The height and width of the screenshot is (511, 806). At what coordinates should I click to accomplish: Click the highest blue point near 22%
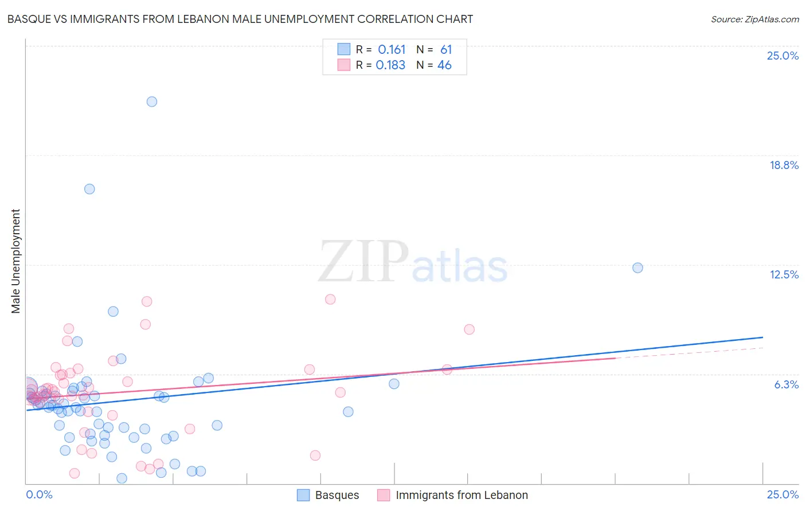(x=152, y=102)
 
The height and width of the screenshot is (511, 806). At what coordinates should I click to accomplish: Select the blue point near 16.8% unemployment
(x=89, y=189)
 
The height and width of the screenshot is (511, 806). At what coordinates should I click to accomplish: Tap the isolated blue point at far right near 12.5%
(x=637, y=268)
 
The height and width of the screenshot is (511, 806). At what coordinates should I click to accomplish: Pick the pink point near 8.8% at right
(x=469, y=329)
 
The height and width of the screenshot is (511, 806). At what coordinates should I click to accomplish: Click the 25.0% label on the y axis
(x=782, y=56)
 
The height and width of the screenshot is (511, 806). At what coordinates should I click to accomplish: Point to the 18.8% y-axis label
(x=784, y=166)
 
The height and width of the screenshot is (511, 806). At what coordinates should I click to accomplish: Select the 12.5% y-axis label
(x=784, y=275)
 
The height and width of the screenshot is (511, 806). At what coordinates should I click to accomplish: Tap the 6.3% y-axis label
(x=786, y=385)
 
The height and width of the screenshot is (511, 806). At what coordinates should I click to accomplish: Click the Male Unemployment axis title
(x=16, y=261)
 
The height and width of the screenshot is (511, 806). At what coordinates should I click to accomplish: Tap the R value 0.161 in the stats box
(x=392, y=50)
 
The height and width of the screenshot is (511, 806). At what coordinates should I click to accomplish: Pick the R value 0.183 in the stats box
(x=390, y=65)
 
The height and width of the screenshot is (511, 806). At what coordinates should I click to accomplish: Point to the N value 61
(x=446, y=50)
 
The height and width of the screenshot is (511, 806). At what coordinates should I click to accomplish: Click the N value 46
(x=444, y=65)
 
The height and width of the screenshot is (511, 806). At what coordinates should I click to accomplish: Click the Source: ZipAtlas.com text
(x=754, y=19)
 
